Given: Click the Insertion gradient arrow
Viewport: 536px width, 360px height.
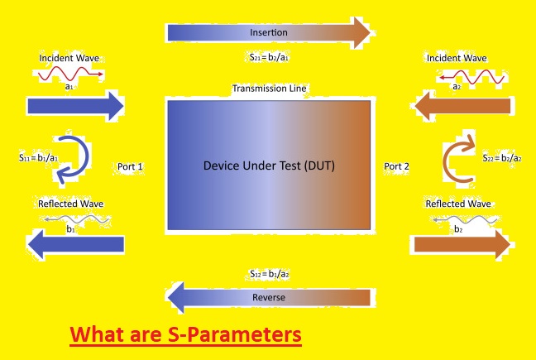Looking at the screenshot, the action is [269, 33].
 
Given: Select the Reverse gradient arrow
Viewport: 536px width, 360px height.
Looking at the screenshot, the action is [269, 297].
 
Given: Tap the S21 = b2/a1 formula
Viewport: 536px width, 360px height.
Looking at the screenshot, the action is [269, 57].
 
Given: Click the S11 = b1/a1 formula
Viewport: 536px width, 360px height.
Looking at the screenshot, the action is [39, 157].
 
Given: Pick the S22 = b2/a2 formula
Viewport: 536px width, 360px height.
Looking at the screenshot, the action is [502, 158].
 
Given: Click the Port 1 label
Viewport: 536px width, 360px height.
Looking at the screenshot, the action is [130, 166].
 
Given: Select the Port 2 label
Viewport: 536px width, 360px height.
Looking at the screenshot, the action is [396, 166].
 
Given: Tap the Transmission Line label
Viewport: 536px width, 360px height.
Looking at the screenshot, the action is [270, 89].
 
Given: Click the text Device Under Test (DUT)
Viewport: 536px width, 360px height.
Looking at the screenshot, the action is [269, 166].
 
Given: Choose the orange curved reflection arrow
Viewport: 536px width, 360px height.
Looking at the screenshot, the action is [445, 161].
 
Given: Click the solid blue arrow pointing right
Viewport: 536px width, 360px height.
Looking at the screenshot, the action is [75, 106].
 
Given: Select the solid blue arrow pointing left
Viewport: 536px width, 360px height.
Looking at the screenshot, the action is [75, 244].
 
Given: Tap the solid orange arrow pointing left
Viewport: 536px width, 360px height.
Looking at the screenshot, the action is [462, 106].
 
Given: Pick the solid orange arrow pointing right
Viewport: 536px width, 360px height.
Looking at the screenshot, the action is [462, 244].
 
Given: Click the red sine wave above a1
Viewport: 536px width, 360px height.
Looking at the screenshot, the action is [70, 74].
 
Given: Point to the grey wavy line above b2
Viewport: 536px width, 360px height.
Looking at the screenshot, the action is [465, 219].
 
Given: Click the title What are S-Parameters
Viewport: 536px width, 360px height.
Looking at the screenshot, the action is [185, 334].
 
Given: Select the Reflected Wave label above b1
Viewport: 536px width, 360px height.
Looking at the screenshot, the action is [71, 204].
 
